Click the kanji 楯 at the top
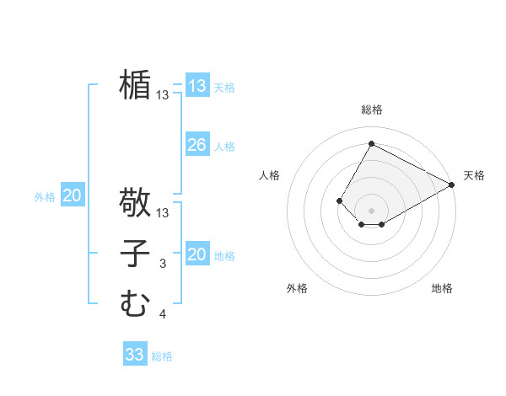tap(135, 85)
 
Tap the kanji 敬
tap(135, 202)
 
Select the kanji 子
tap(135, 254)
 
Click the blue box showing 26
tap(197, 145)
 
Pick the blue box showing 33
tap(135, 355)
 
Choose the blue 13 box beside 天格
tap(197, 86)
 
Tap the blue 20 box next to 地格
tap(197, 254)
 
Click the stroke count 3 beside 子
tap(163, 265)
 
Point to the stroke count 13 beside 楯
tap(163, 96)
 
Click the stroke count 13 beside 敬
tap(163, 213)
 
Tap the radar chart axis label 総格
tap(371, 110)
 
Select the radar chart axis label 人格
tap(270, 175)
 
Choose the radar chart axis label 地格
tap(442, 288)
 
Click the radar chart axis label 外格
tap(297, 288)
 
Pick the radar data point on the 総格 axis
tap(371, 143)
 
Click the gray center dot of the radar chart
tap(371, 210)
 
